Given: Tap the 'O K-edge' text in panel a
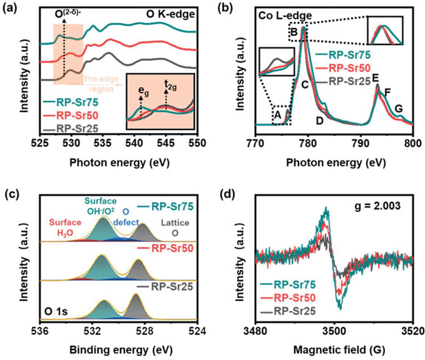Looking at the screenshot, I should pyautogui.click(x=172, y=14).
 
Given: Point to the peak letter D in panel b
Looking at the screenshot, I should pyautogui.click(x=320, y=120).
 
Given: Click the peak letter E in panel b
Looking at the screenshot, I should pyautogui.click(x=376, y=78).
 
